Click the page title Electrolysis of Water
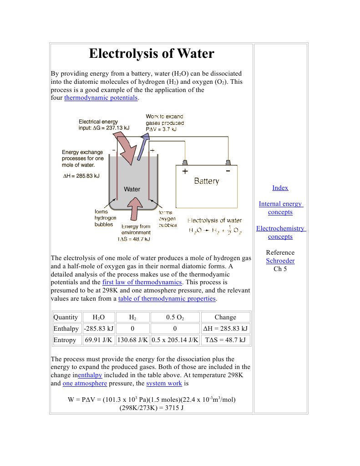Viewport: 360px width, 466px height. (151, 54)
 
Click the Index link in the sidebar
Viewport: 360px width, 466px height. (280, 188)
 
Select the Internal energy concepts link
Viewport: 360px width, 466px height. (280, 208)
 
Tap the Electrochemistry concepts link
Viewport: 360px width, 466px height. (280, 232)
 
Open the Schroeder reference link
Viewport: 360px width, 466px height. (280, 261)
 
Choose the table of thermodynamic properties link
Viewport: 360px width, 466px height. (167, 299)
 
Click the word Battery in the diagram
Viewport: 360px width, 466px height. (206, 181)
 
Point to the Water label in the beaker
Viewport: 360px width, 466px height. (132, 189)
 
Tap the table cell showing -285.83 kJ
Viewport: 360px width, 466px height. (98, 328)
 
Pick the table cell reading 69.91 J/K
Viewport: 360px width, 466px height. (98, 340)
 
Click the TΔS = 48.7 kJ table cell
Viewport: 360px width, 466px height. (225, 340)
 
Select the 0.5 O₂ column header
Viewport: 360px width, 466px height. (174, 317)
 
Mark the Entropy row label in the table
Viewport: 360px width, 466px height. (65, 340)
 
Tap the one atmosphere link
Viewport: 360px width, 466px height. (85, 383)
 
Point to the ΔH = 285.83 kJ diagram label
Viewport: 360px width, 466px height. (81, 176)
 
